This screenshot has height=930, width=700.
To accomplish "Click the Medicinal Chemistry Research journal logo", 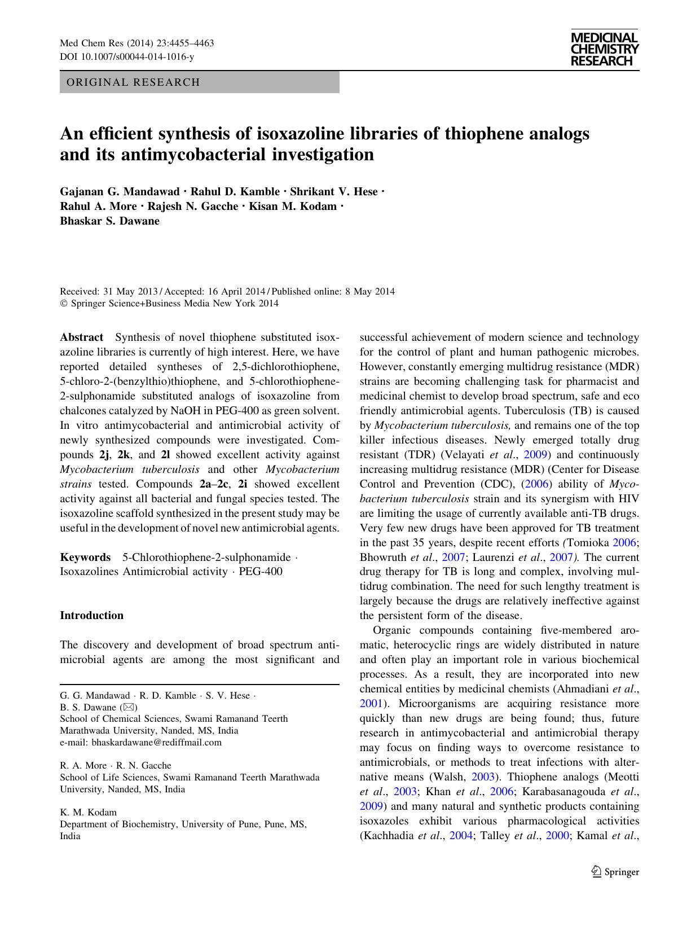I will pyautogui.click(x=604, y=50).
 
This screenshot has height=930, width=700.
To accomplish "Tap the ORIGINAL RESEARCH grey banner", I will pyautogui.click(x=199, y=82).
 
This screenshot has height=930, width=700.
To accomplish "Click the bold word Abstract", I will pyautogui.click(x=81, y=337).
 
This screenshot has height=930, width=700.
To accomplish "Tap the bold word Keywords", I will pyautogui.click(x=85, y=557).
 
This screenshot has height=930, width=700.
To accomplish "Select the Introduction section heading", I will pyautogui.click(x=91, y=616).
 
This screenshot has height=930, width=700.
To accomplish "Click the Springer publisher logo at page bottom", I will pyautogui.click(x=615, y=872).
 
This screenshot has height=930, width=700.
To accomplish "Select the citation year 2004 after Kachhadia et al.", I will pyautogui.click(x=461, y=836).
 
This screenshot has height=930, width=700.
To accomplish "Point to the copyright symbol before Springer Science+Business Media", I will pyautogui.click(x=64, y=304).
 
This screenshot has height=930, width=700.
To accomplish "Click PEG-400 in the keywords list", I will pyautogui.click(x=261, y=572).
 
